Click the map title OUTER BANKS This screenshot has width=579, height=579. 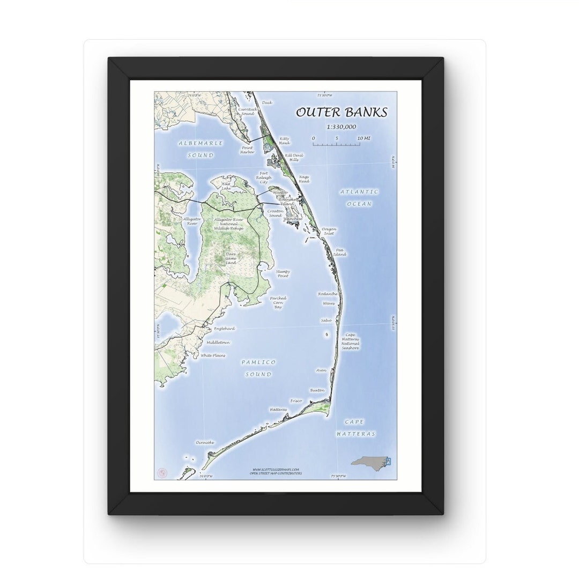click(x=341, y=112)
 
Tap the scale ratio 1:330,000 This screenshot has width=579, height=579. click(x=341, y=127)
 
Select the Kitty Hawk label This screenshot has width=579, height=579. click(x=284, y=141)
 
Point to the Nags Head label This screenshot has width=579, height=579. click(x=304, y=179)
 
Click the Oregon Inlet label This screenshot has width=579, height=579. click(x=329, y=231)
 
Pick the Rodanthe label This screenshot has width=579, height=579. click(x=328, y=294)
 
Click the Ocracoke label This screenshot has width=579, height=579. click(x=205, y=442)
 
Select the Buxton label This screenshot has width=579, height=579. click(x=317, y=390)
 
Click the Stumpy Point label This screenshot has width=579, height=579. click(x=283, y=273)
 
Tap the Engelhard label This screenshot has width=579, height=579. click(x=224, y=328)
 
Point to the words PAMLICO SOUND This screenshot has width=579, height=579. click(x=258, y=368)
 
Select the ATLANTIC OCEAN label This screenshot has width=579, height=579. click(x=359, y=197)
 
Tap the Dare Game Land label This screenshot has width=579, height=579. click(x=231, y=258)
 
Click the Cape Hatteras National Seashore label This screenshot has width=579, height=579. click(x=350, y=342)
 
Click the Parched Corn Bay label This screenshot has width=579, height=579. click(x=278, y=302)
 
